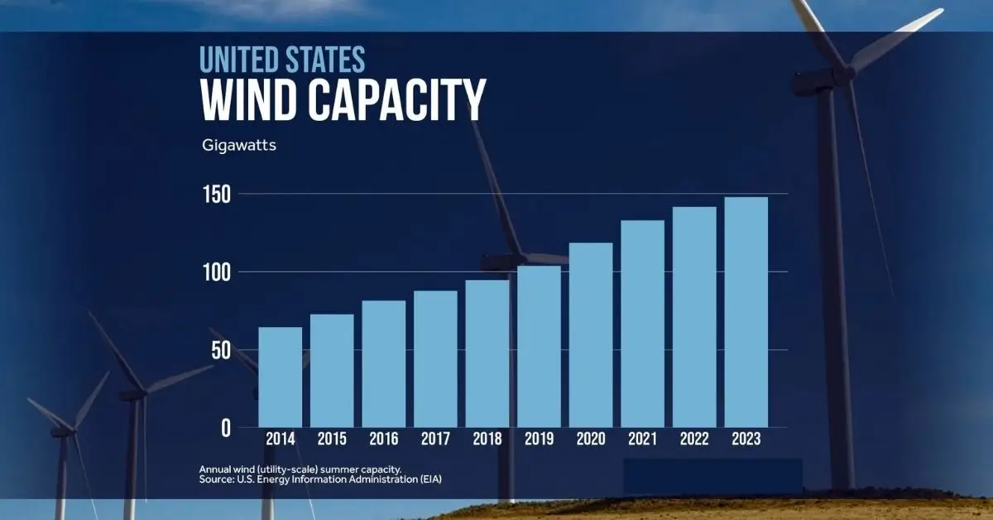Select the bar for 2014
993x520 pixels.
[x=280, y=378]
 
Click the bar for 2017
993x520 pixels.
[x=435, y=359]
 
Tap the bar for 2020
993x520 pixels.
[x=591, y=335]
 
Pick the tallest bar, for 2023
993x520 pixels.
[x=746, y=312]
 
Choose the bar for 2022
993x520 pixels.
[x=694, y=317]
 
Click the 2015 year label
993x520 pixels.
[x=332, y=440]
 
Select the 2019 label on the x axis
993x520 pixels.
[x=539, y=440]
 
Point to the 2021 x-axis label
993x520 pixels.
[x=642, y=440]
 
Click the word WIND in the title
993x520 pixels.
[x=249, y=102]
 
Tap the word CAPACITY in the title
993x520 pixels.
[x=396, y=102]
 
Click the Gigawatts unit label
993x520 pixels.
[x=239, y=146]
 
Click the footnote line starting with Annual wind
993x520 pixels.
[x=300, y=469]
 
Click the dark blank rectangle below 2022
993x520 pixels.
[x=712, y=476]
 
